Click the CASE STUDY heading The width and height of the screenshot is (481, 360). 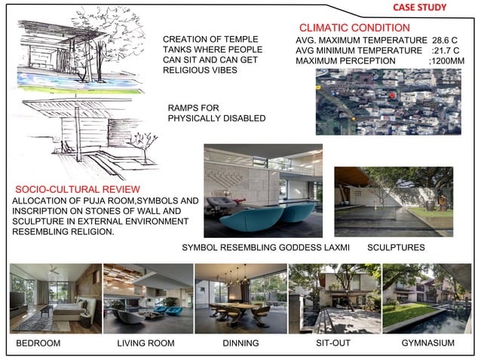point(419,8)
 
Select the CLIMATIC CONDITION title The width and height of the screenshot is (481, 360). point(354,28)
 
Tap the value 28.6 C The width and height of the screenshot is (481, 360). point(444,39)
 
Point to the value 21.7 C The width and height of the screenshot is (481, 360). point(446,50)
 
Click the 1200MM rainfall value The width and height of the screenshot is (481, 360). point(446,60)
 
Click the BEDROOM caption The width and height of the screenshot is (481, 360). point(38,343)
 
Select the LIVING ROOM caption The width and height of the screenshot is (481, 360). point(146,343)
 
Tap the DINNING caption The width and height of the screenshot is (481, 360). point(240,343)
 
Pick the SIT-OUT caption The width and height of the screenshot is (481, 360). point(332,343)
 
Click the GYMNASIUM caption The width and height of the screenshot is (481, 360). point(427,343)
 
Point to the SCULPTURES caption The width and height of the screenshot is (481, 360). point(396,247)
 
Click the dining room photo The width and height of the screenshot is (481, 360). point(240,297)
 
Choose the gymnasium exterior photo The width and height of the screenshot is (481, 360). point(427,297)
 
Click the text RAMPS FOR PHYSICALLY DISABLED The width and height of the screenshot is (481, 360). point(216,114)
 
